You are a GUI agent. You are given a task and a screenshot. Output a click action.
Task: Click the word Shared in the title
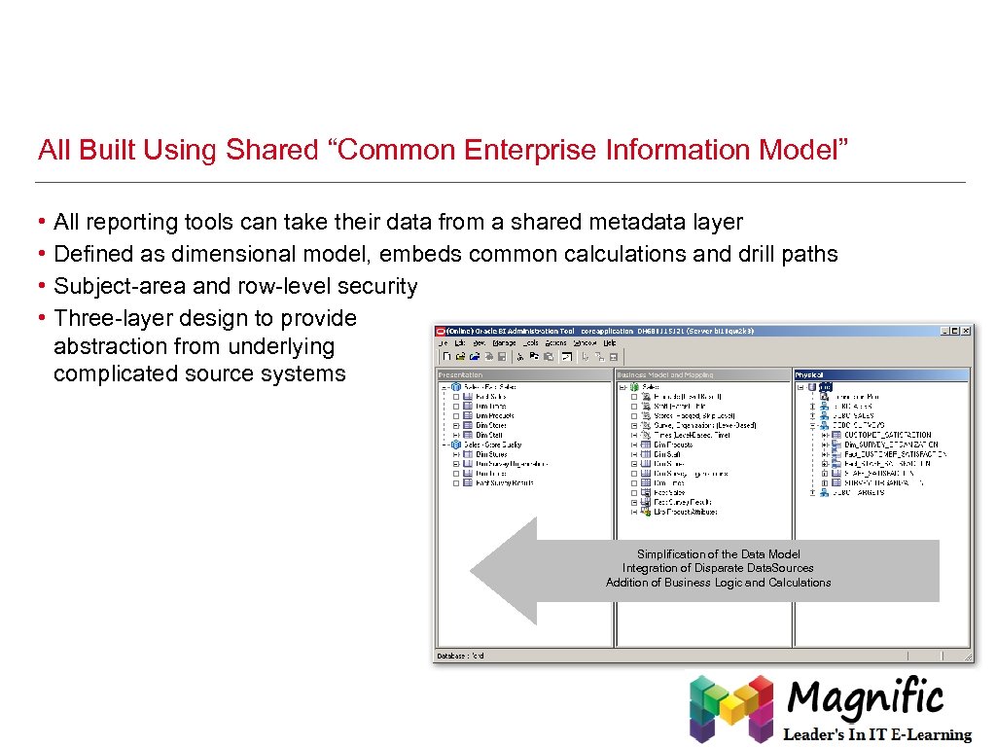coord(271,150)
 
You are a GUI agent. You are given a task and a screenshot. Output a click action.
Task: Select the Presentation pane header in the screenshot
coord(461,374)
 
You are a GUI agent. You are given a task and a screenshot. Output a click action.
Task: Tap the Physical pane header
coord(809,374)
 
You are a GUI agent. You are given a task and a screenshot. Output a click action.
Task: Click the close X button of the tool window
coord(965,331)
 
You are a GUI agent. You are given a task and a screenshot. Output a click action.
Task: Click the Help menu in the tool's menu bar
coord(610,342)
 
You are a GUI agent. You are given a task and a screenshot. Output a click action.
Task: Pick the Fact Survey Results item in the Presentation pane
coord(505,482)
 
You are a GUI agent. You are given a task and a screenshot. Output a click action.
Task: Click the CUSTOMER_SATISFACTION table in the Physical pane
coord(887,435)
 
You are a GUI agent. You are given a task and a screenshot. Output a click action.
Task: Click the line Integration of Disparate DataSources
coord(718,568)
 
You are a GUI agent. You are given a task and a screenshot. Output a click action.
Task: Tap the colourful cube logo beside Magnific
coord(730,709)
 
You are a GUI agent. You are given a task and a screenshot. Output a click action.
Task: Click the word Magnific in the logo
coord(865,697)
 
